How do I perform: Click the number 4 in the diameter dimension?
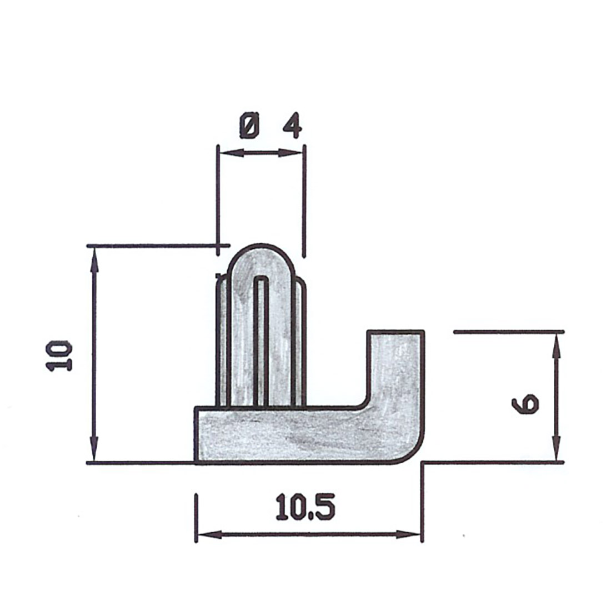coord(292,126)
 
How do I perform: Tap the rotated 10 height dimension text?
coord(60,356)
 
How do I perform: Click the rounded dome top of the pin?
coord(261,258)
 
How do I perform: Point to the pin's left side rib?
coord(222,344)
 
